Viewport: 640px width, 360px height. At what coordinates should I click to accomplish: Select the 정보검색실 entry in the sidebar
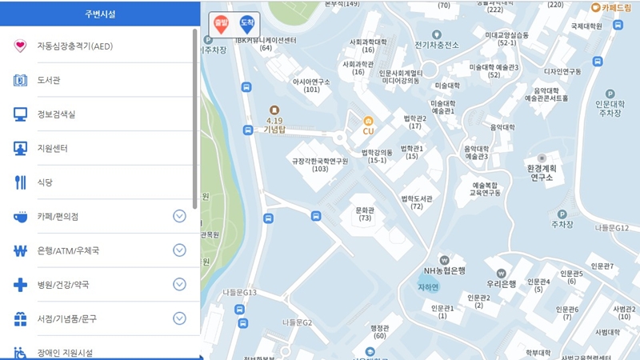(x=56, y=114)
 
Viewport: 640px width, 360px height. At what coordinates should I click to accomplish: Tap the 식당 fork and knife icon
(x=20, y=182)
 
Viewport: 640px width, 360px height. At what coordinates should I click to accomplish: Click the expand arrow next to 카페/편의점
(x=179, y=216)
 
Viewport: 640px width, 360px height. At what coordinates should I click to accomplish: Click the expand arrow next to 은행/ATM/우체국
(x=179, y=250)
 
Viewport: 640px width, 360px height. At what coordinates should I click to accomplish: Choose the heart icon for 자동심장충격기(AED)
(x=20, y=46)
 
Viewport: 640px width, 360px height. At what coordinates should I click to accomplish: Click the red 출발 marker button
(x=221, y=25)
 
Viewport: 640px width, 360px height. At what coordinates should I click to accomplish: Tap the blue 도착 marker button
(x=246, y=25)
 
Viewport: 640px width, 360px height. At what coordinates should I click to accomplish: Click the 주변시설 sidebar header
(x=99, y=13)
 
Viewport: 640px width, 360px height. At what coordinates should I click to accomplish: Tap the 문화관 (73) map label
(x=365, y=214)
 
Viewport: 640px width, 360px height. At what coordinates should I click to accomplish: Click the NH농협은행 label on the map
(x=445, y=270)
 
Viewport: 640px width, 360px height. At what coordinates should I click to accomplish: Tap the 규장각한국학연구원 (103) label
(x=320, y=164)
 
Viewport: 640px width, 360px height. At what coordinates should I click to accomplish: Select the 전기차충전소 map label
(x=437, y=45)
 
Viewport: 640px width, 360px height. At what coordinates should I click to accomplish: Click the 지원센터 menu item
(x=52, y=149)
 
